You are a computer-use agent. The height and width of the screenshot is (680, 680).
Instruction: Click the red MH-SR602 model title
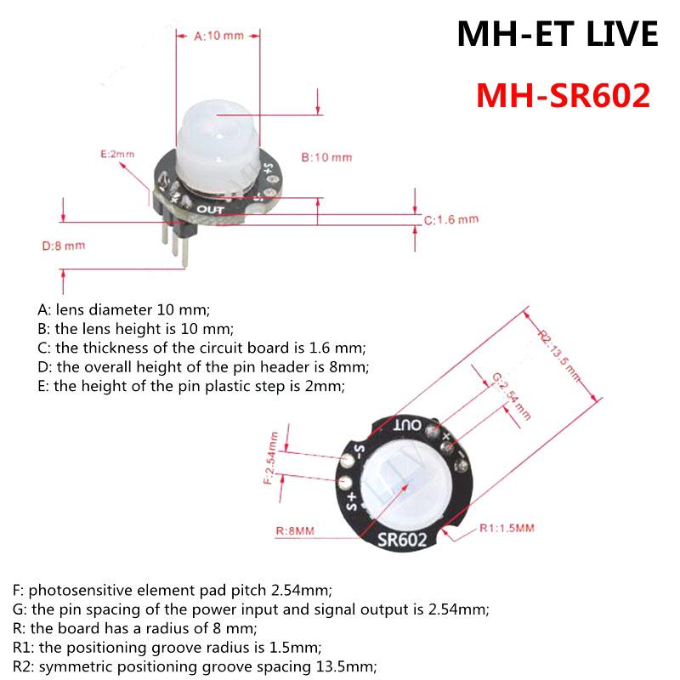tap(563, 95)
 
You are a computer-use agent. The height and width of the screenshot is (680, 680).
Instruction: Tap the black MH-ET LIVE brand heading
tap(558, 34)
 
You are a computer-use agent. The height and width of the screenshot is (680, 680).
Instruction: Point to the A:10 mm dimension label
tap(218, 36)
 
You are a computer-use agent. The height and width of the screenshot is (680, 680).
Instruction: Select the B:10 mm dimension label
tap(326, 157)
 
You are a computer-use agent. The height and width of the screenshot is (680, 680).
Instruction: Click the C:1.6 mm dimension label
tap(451, 219)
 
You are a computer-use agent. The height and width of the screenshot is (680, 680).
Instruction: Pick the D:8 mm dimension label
tap(64, 246)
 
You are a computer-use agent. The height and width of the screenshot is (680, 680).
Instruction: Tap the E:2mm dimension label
tap(117, 154)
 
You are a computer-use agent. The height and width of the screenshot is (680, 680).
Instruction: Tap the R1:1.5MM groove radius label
tap(507, 528)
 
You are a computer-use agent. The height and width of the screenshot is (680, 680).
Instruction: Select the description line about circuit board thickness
tap(201, 347)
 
